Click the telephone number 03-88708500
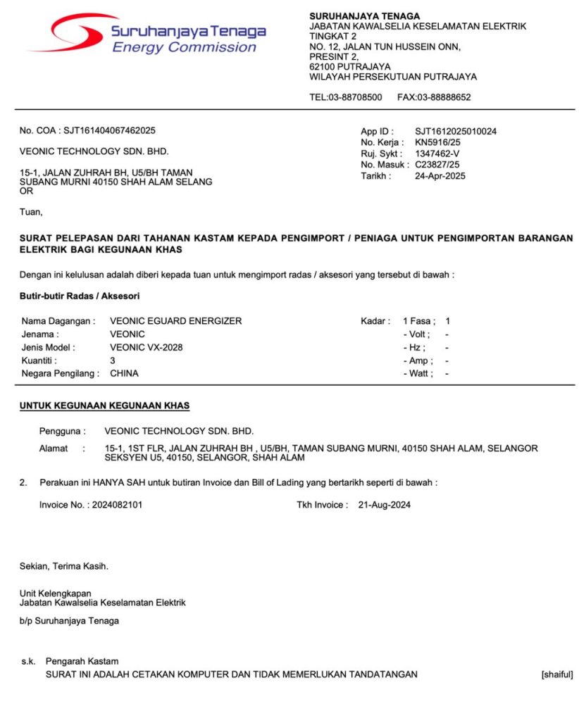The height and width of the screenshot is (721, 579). [356, 97]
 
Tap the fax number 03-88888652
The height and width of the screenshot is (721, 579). [444, 97]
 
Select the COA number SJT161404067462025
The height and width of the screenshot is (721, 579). [109, 131]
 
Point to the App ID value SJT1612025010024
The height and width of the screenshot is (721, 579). [456, 131]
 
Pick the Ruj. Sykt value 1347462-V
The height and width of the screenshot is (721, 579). [437, 153]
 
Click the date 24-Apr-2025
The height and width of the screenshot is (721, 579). [440, 176]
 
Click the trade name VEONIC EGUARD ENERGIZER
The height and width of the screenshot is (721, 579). [176, 321]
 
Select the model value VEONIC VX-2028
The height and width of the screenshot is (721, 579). [147, 347]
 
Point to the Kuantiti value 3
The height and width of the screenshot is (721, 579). [113, 360]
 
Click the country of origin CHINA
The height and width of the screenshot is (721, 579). [125, 373]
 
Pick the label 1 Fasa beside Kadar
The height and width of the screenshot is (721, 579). [418, 321]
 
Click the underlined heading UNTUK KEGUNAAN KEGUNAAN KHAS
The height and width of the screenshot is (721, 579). [104, 406]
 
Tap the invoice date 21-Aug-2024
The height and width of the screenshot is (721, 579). [385, 505]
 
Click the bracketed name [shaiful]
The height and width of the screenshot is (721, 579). [556, 675]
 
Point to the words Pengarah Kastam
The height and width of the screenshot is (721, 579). [82, 661]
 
